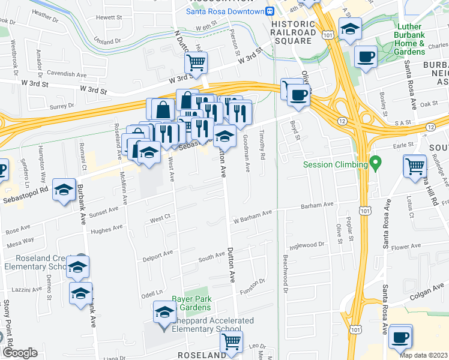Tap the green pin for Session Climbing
(376, 163)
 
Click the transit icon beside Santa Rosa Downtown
(271, 11)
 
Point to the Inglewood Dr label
(307, 244)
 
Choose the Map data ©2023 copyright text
(423, 355)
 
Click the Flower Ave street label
(406, 247)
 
